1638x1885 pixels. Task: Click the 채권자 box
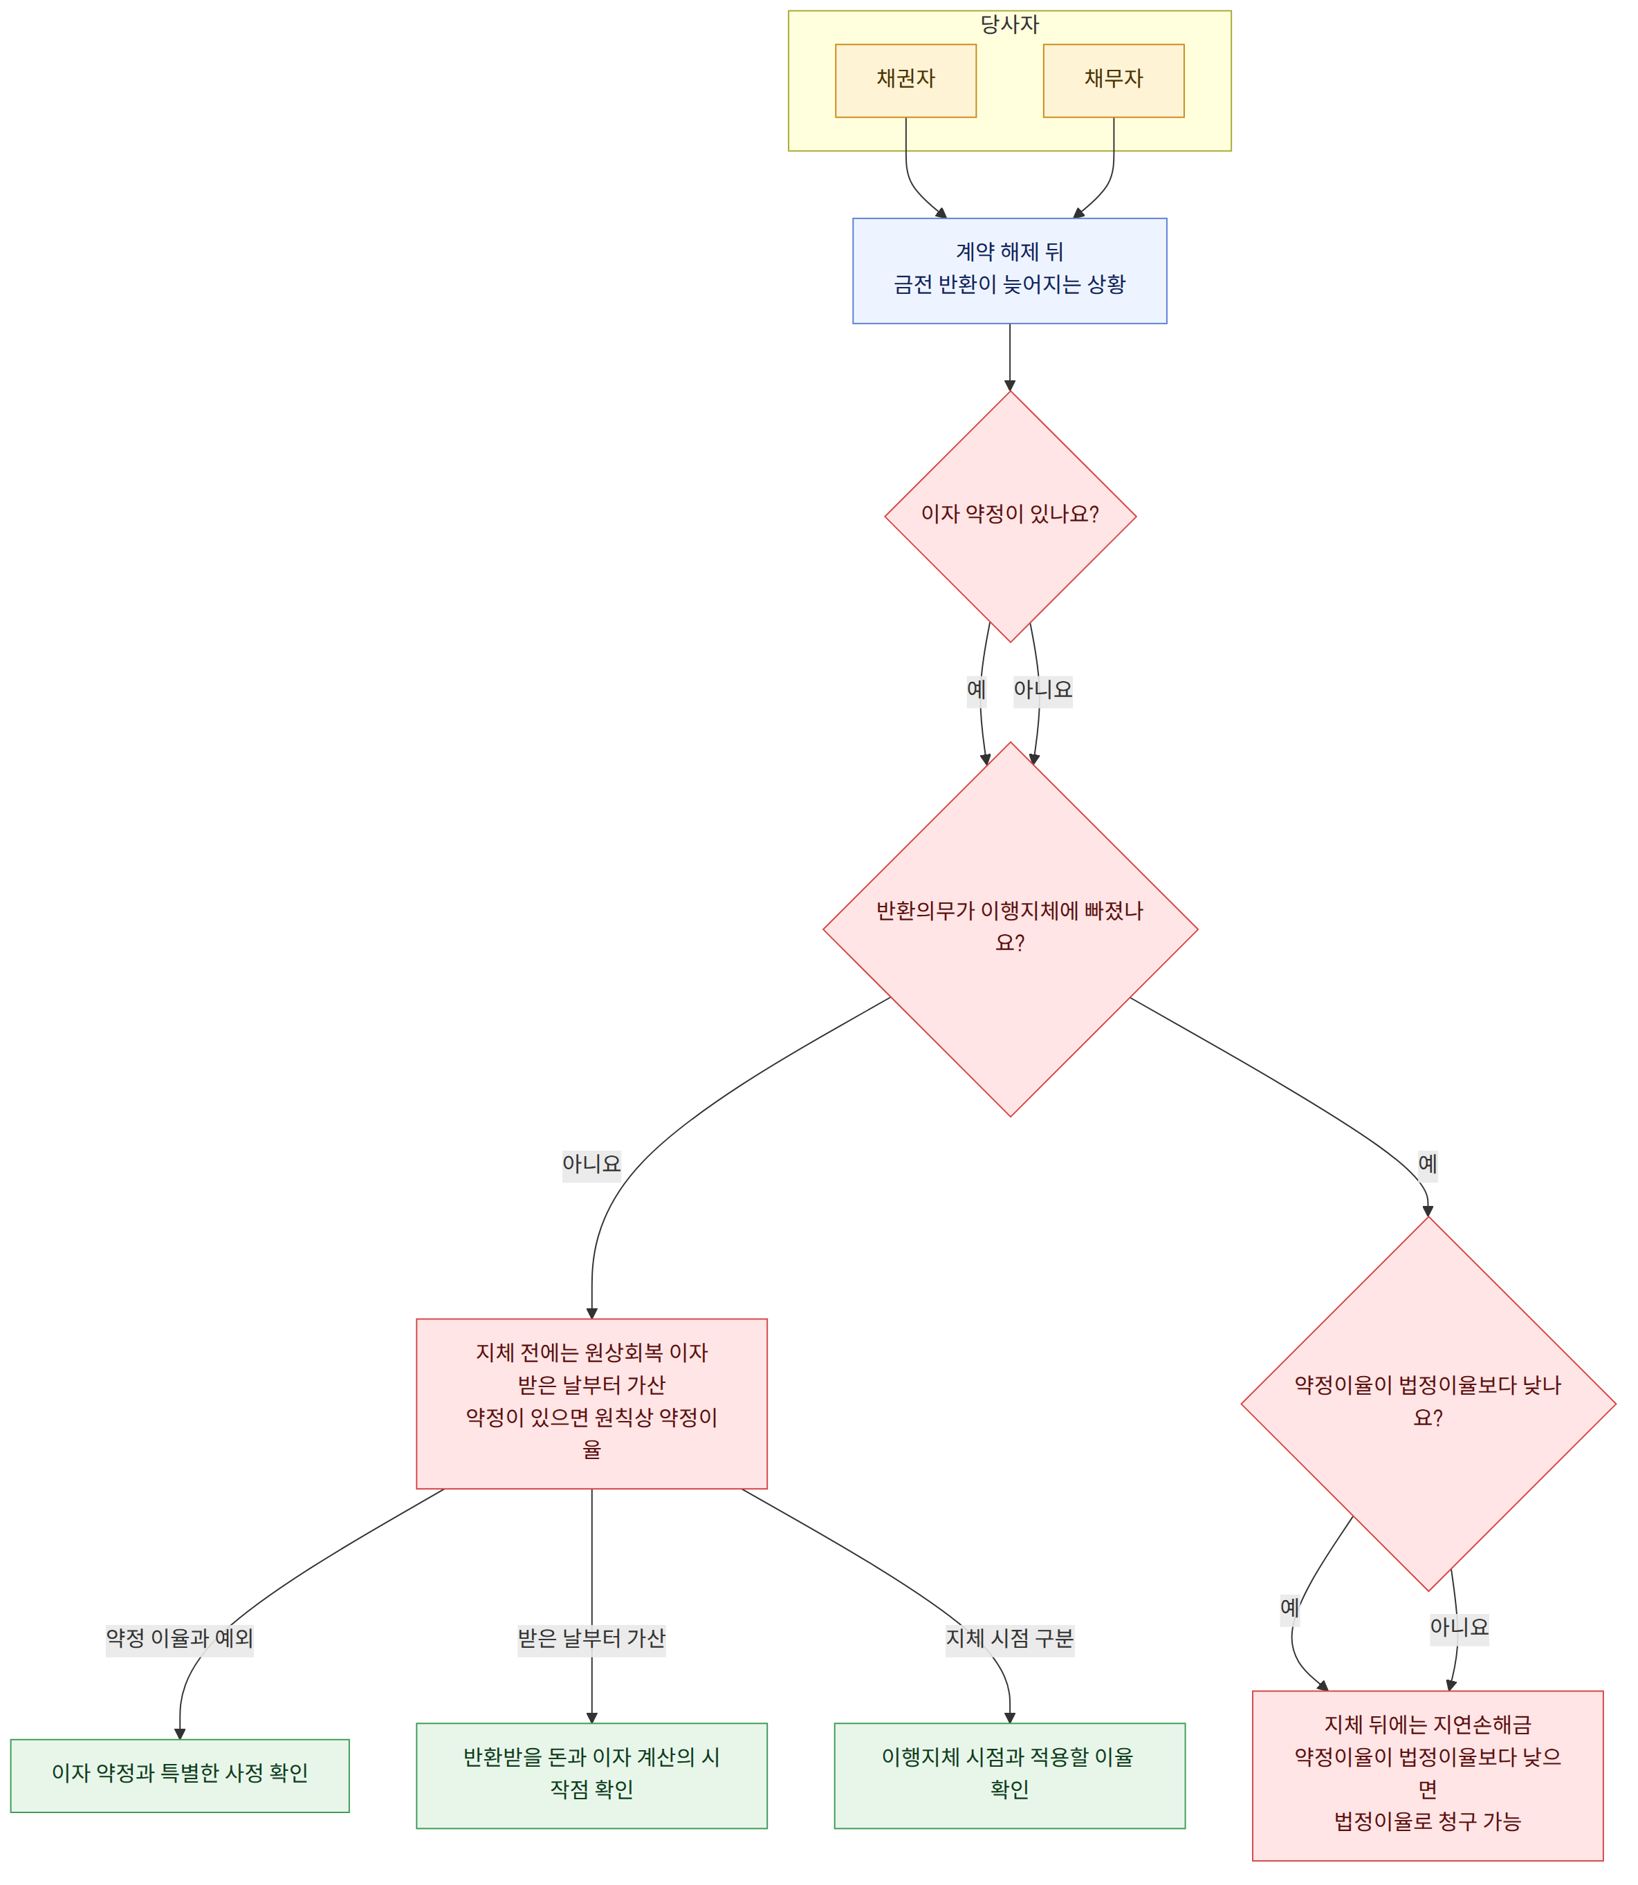[906, 80]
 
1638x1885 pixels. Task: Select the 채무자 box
[1114, 80]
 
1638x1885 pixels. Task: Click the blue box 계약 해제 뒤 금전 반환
[1009, 270]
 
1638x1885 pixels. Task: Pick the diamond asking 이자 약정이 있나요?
[1010, 517]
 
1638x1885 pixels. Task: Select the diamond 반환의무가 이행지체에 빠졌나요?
[1010, 929]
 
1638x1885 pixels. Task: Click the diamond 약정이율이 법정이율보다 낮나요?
[1428, 1404]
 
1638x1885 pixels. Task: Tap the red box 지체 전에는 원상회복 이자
[591, 1404]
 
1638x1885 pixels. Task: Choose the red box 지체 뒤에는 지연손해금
[1428, 1774]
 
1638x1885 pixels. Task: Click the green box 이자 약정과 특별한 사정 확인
[180, 1774]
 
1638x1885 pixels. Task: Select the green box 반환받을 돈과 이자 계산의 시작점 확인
[591, 1774]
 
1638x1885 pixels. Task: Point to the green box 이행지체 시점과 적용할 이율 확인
[1009, 1774]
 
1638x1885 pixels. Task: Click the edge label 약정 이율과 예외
[180, 1638]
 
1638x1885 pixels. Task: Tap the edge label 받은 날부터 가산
[591, 1638]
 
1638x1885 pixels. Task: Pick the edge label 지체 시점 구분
[1009, 1638]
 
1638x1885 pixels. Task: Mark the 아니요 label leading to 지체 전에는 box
[591, 1164]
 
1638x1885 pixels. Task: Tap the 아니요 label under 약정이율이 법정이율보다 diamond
[1460, 1627]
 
